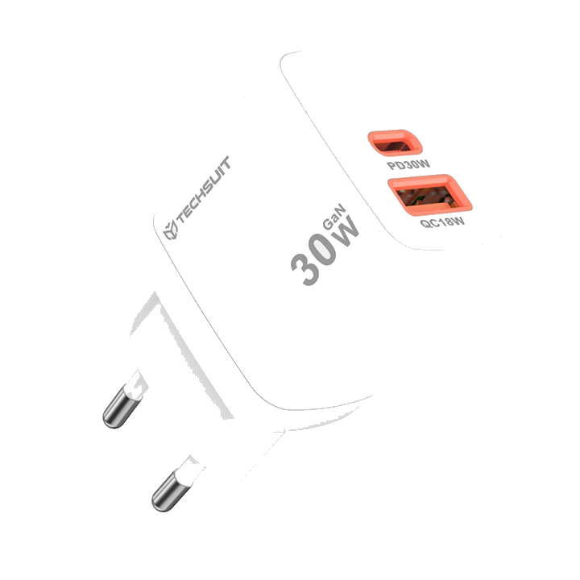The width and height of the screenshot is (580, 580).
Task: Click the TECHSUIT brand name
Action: (x=203, y=189)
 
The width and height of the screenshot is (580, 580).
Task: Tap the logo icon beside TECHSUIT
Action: (x=171, y=230)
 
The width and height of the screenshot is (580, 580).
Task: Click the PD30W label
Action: (x=408, y=164)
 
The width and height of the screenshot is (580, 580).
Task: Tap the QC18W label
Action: (x=442, y=222)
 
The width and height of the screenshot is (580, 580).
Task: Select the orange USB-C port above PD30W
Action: (x=395, y=143)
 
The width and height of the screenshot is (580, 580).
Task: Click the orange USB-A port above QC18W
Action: (x=429, y=195)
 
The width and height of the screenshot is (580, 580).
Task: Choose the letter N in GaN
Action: (x=341, y=209)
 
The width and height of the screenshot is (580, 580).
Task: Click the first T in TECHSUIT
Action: (x=180, y=217)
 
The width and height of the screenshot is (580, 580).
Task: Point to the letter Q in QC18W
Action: (x=425, y=223)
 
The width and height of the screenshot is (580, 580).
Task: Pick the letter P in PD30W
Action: (x=391, y=165)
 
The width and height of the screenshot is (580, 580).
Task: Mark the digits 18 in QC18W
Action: (x=445, y=222)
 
